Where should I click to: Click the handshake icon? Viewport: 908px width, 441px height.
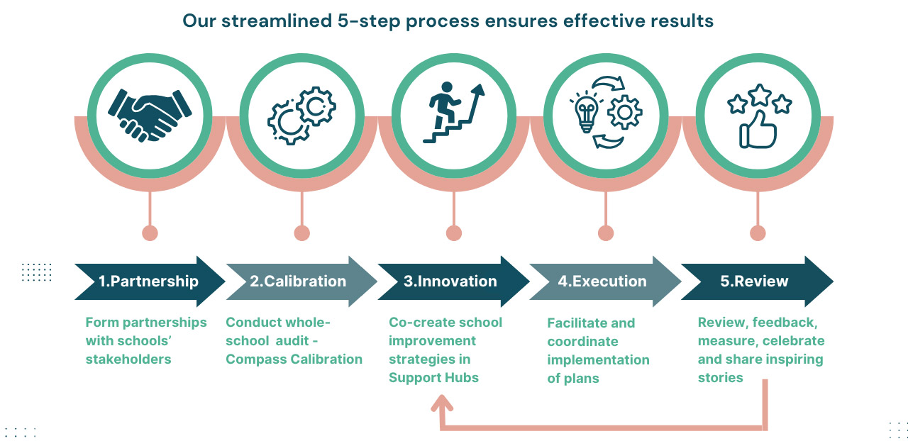[150, 116]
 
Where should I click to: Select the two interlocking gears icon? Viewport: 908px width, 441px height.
[301, 116]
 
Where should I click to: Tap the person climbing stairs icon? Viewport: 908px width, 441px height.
[453, 112]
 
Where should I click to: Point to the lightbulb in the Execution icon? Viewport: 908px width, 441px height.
[586, 112]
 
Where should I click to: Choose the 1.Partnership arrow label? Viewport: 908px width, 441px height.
[149, 281]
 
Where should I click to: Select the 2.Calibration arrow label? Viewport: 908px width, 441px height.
[298, 281]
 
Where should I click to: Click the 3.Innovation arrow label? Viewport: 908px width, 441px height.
[450, 281]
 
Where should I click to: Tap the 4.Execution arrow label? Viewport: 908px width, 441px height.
[602, 281]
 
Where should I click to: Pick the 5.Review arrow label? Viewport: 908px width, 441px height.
[754, 281]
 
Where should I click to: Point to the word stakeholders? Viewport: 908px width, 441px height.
[128, 359]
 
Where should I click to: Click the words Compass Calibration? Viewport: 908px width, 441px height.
[294, 359]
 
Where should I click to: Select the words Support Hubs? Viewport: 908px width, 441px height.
[433, 378]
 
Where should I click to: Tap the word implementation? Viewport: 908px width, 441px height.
[598, 360]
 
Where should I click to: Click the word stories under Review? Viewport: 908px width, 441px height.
[720, 378]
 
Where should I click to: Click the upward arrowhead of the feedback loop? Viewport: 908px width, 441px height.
[442, 403]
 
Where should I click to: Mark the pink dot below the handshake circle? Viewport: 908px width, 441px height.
[150, 233]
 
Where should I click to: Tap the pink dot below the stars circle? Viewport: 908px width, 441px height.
[758, 233]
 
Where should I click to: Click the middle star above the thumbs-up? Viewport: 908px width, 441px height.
[760, 95]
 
